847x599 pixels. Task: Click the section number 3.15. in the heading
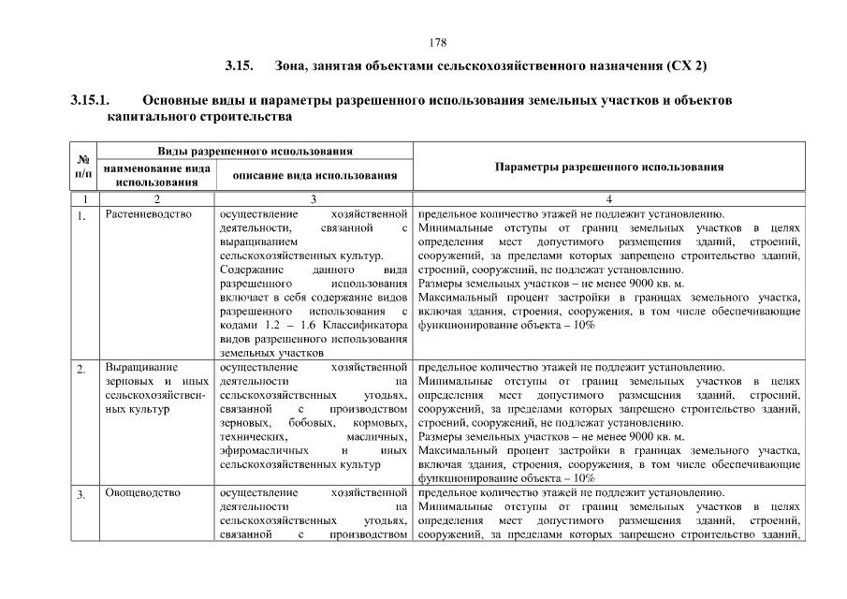(x=240, y=66)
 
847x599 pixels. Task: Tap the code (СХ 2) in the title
(x=688, y=66)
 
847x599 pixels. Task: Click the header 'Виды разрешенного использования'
(x=255, y=151)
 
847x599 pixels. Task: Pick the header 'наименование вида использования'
(x=157, y=175)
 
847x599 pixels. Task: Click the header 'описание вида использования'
(x=314, y=175)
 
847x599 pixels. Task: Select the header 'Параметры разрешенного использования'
(x=608, y=167)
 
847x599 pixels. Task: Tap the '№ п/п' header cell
(x=83, y=167)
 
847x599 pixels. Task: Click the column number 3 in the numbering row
(x=314, y=198)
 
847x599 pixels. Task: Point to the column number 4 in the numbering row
(x=608, y=198)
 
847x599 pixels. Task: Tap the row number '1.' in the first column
(x=83, y=217)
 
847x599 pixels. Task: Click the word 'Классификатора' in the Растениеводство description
(x=371, y=324)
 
